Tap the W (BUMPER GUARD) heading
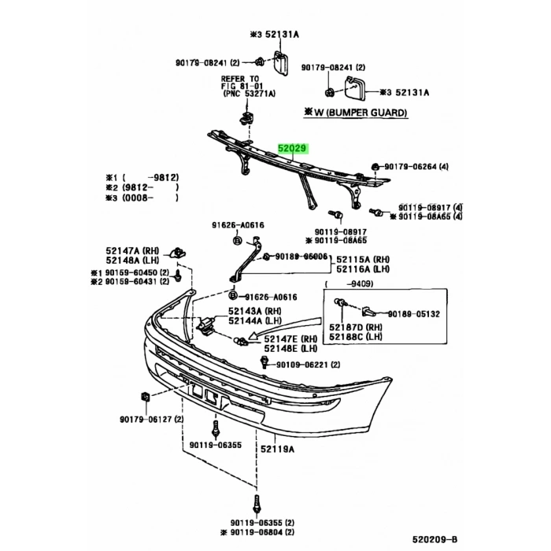[356, 113]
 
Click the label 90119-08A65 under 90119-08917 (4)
[430, 216]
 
